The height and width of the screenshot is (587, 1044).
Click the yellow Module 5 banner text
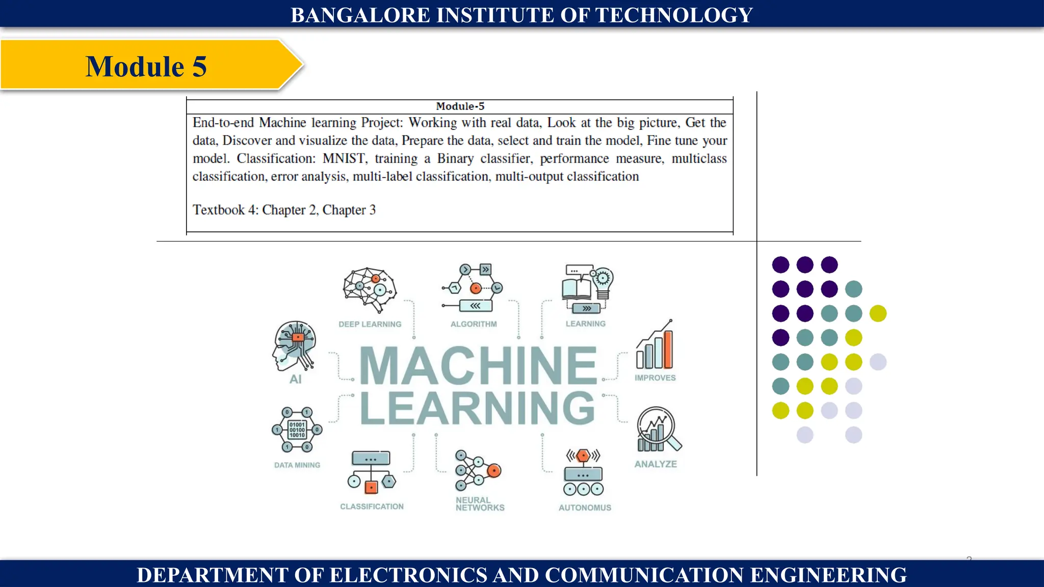[x=146, y=66]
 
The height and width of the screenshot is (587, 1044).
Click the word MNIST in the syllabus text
[x=344, y=158]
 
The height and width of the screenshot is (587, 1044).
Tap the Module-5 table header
[x=460, y=106]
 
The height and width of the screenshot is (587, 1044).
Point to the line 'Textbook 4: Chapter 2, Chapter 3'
[x=284, y=210]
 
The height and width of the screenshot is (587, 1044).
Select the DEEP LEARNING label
[x=370, y=324]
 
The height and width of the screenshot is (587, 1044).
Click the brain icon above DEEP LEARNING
[x=370, y=289]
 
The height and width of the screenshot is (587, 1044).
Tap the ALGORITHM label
[x=474, y=324]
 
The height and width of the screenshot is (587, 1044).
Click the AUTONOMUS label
[x=585, y=508]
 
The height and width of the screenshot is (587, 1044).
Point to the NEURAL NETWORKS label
[x=480, y=504]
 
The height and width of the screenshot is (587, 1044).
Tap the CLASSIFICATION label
[x=372, y=506]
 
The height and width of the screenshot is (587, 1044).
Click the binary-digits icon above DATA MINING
[x=297, y=430]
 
